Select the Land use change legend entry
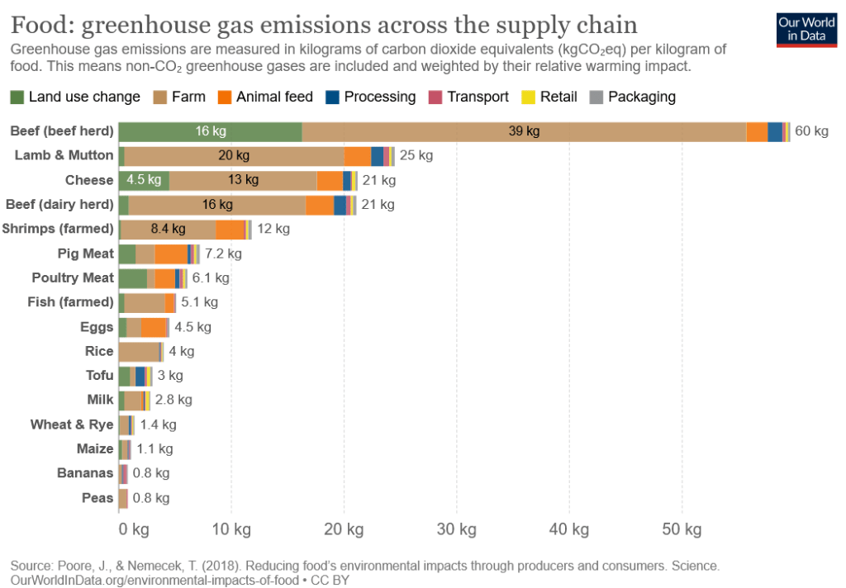point(75,97)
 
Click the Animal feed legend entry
point(265,97)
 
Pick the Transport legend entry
point(469,97)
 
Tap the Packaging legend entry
point(633,97)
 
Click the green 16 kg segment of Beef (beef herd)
point(211,131)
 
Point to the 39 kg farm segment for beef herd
point(524,131)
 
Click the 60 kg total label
point(811,131)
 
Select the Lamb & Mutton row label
point(64,155)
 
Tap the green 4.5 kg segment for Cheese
point(144,180)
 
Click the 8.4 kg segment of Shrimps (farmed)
point(169,229)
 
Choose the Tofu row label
point(99,375)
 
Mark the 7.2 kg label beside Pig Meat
point(222,254)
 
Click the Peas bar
point(123,498)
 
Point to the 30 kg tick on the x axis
point(457,529)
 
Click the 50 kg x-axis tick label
point(682,529)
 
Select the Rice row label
point(99,351)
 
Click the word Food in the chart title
point(43,22)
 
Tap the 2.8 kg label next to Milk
point(173,400)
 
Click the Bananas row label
point(85,473)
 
